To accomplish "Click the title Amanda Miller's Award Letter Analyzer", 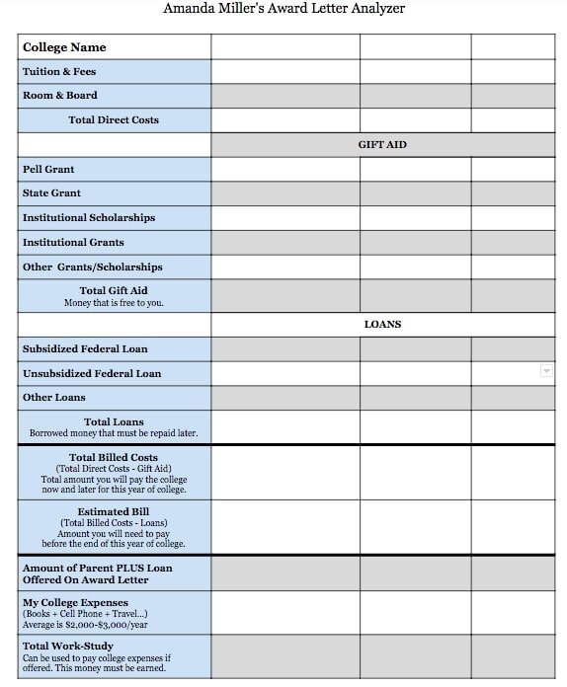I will tap(283, 9).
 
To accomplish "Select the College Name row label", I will tap(64, 47).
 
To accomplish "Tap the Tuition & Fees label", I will tap(59, 72).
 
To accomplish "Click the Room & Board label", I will tap(60, 96).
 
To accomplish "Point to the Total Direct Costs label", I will tap(114, 120).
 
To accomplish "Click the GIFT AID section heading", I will tap(382, 145).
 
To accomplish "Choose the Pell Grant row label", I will tap(48, 170).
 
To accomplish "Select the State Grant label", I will tap(51, 193).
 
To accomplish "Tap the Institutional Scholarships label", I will tap(89, 218).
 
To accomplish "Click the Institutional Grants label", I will tap(74, 243).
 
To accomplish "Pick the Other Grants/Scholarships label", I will tap(93, 267).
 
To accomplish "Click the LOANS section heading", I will tap(382, 325).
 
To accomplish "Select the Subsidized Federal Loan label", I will tap(85, 349).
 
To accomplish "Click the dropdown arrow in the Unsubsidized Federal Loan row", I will tap(546, 370).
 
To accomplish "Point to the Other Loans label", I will tap(54, 398).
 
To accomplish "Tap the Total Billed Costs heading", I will tap(114, 458).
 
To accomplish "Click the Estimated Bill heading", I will tap(114, 512).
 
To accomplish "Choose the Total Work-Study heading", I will tap(65, 647).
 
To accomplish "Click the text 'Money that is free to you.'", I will tap(114, 303).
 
